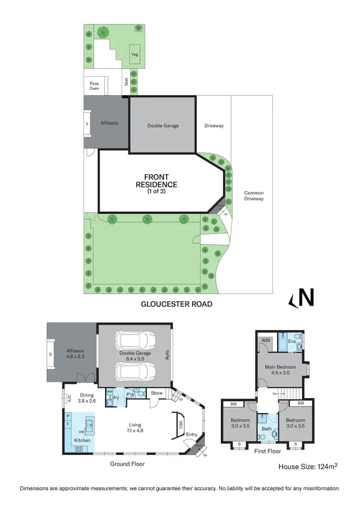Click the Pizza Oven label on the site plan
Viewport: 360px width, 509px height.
point(94,85)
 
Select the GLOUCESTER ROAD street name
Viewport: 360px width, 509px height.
point(176,304)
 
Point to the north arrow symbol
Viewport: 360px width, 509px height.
point(302,298)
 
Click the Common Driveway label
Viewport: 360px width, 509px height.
point(253,196)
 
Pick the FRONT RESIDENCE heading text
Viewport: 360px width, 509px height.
point(156,181)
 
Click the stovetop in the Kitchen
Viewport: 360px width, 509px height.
point(79,449)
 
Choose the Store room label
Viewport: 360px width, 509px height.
point(157,393)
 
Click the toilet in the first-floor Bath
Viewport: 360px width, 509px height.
point(274,435)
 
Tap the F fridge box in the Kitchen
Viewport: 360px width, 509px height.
point(68,424)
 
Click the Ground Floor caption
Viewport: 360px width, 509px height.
point(127,464)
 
